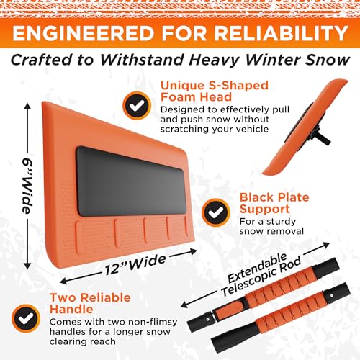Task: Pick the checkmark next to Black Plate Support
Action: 215,211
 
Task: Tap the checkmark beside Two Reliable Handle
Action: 24,315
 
